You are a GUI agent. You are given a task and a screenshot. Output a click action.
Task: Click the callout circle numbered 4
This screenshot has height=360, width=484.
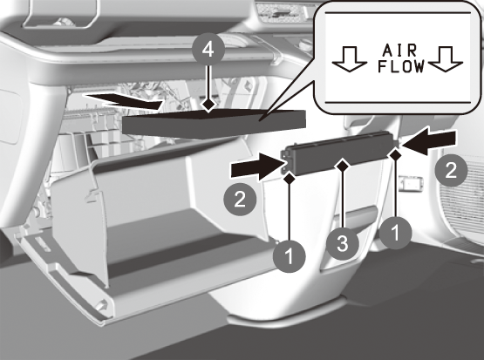tap(208, 50)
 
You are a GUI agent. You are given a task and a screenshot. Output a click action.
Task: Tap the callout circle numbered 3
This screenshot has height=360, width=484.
tap(343, 243)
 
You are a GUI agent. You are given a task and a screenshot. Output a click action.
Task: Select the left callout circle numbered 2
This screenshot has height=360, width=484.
tap(240, 199)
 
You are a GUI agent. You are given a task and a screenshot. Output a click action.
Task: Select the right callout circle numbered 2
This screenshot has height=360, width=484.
tap(451, 170)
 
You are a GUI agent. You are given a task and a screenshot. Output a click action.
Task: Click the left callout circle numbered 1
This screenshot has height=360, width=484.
tap(290, 256)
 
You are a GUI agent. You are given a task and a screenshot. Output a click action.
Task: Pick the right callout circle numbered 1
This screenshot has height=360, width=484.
tap(395, 233)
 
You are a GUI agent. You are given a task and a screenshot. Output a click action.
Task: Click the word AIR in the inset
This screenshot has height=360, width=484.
tap(399, 51)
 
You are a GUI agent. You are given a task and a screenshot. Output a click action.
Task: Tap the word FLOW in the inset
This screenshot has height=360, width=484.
tap(401, 66)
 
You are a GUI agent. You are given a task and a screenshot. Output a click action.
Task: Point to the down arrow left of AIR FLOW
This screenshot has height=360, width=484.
tap(350, 59)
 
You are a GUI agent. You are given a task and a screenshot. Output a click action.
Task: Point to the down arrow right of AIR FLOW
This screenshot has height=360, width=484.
tap(446, 59)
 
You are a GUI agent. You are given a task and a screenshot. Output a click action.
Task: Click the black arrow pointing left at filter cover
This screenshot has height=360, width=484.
tap(429, 141)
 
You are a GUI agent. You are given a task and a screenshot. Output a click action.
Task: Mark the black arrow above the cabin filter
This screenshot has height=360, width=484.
tap(125, 101)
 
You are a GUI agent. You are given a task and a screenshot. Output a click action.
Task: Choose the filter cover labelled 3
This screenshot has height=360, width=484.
tap(339, 153)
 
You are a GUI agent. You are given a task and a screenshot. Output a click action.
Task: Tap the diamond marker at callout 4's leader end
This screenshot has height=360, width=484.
tap(208, 105)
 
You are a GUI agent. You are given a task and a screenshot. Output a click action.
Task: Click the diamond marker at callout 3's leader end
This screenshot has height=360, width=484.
tap(343, 166)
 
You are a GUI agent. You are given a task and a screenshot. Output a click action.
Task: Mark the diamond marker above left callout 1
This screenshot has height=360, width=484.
tap(290, 179)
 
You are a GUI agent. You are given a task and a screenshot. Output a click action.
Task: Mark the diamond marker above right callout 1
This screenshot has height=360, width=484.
tap(395, 153)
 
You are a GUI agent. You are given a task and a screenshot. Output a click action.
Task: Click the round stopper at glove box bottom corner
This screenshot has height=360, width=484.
tap(101, 306)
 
